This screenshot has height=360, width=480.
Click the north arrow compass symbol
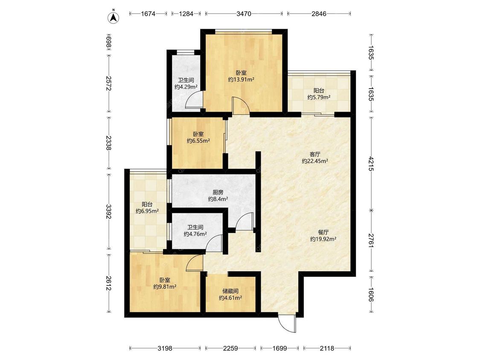coord(114,17)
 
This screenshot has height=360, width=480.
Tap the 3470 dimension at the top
coord(244,14)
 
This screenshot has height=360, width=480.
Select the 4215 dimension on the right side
coord(371,164)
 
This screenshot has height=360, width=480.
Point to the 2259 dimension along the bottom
coord(230,348)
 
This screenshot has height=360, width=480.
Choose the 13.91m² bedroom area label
coord(241,80)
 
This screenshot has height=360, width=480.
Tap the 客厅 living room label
coord(315,154)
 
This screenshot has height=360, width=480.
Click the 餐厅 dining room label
coord(323,232)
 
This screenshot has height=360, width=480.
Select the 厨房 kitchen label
coord(218,192)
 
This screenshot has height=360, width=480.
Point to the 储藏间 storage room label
coord(230,291)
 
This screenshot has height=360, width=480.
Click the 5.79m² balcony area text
coord(319,97)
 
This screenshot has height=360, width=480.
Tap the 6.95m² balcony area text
coord(147,211)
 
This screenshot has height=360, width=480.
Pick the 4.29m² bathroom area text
coord(186,87)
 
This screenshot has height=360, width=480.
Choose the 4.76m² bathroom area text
coord(195,234)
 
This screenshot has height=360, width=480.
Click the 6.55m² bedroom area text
coord(198,141)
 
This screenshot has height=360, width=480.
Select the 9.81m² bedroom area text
coord(165,287)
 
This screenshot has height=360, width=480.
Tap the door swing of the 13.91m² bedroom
coord(241,105)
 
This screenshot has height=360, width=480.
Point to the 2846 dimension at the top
coord(319,14)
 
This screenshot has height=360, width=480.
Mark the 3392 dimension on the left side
coord(108,212)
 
